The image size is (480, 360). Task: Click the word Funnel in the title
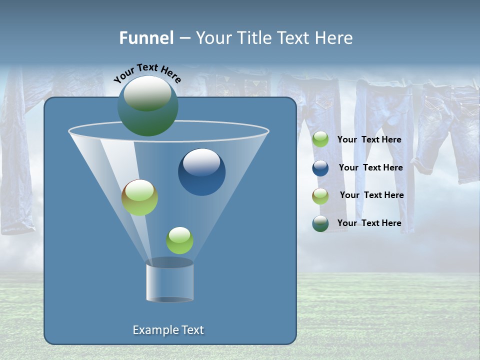click(x=146, y=38)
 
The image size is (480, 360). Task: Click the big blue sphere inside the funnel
click(x=201, y=172)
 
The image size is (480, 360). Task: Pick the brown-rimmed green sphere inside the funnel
click(x=139, y=197)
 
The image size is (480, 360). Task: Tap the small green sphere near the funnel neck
click(x=179, y=240)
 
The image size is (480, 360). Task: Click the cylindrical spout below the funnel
click(x=169, y=281)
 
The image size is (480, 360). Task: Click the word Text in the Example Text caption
click(x=192, y=330)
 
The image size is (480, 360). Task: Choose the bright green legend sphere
click(x=320, y=139)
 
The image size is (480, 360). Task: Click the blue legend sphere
click(x=320, y=168)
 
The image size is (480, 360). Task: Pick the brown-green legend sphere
click(x=320, y=196)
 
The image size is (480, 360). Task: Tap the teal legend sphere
click(x=320, y=223)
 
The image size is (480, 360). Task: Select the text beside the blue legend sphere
click(x=370, y=167)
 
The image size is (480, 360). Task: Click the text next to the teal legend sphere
click(x=369, y=223)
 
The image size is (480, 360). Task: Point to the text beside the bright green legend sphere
click(x=369, y=139)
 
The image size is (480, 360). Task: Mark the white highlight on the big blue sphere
click(x=201, y=161)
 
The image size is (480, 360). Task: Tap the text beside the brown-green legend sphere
click(x=371, y=195)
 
